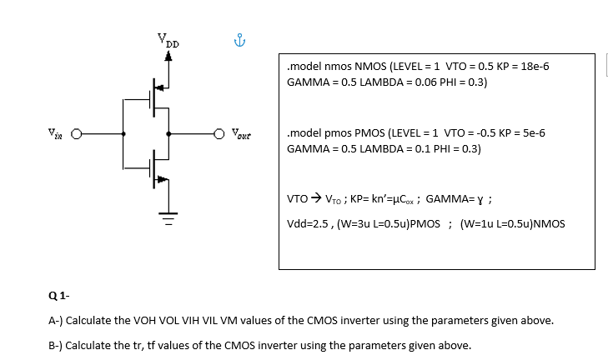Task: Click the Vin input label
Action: click(54, 132)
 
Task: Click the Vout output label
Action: click(243, 132)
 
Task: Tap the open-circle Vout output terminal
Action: click(220, 133)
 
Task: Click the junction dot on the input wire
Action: click(124, 133)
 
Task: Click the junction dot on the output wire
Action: click(169, 133)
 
